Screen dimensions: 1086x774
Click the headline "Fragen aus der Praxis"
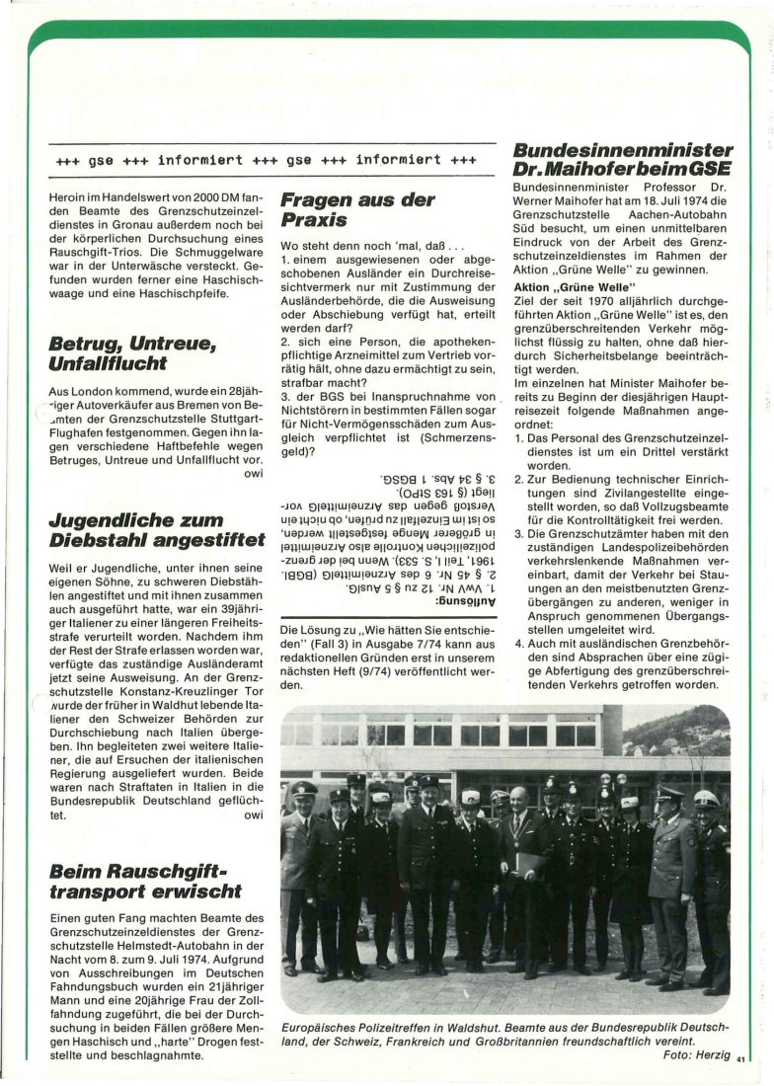pos(357,209)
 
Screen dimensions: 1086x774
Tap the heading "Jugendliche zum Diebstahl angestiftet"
pos(156,530)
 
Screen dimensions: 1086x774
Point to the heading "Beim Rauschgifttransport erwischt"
pos(143,881)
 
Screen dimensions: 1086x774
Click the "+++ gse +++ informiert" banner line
pos(267,158)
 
